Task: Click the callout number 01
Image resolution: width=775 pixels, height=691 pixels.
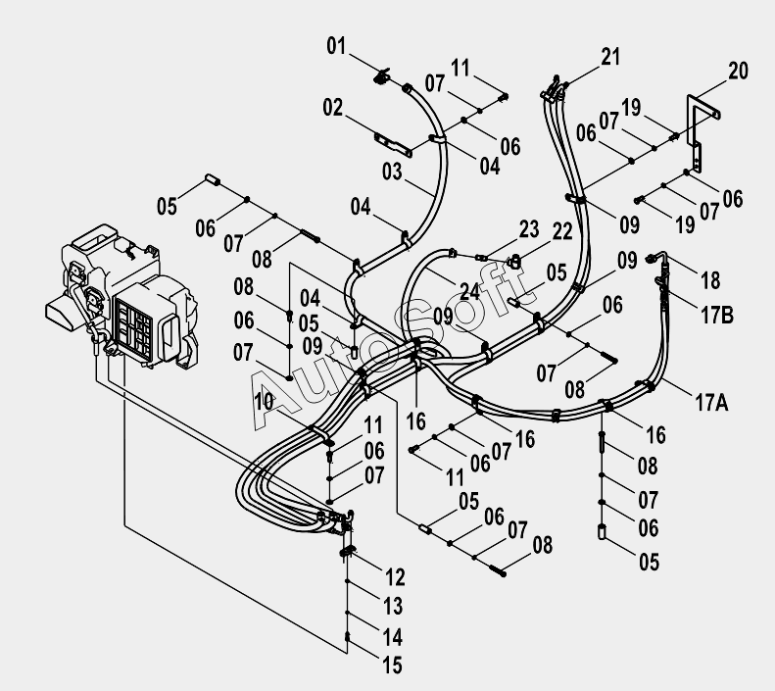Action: coord(336,46)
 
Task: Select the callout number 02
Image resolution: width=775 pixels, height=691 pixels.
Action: coord(333,107)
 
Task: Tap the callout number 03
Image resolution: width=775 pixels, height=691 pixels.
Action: coord(392,172)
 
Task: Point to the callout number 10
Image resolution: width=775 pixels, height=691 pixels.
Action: coord(264,401)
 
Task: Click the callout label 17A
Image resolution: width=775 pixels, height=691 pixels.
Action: coord(711,403)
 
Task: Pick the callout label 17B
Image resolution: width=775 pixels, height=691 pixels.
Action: coord(717,315)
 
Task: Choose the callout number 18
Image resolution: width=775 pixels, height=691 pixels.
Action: coord(710,280)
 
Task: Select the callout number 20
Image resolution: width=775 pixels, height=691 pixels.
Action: coord(738,71)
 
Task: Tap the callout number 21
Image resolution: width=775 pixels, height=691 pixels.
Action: coord(610,56)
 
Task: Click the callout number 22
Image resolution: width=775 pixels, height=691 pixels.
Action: coord(562,231)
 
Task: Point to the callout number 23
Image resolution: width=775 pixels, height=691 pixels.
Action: coord(529,228)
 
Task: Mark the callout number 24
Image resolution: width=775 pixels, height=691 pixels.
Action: coord(469,292)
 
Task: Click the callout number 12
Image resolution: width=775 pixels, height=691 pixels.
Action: coord(395,577)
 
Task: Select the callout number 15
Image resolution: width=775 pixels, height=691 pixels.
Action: coord(393,666)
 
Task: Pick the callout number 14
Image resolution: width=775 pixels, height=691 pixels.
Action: coord(393,637)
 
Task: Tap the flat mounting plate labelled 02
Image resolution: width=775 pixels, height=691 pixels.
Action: coord(393,144)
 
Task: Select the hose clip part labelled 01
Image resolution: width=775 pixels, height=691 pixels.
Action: coord(381,76)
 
